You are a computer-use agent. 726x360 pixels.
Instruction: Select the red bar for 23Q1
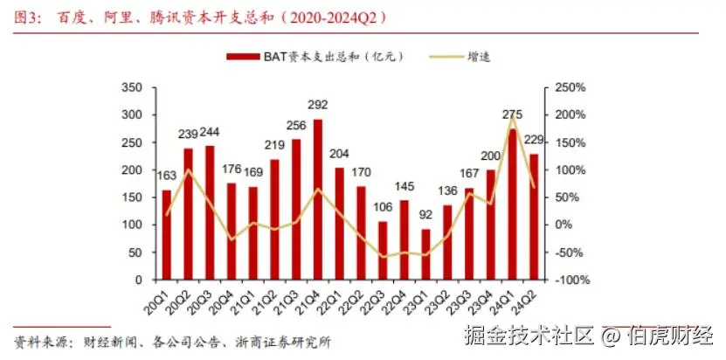click(425, 254)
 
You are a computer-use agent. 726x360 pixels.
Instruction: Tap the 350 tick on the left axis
click(132, 87)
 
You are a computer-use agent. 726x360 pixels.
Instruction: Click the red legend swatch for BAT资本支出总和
click(244, 57)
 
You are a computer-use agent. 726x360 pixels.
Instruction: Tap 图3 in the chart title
click(27, 17)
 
